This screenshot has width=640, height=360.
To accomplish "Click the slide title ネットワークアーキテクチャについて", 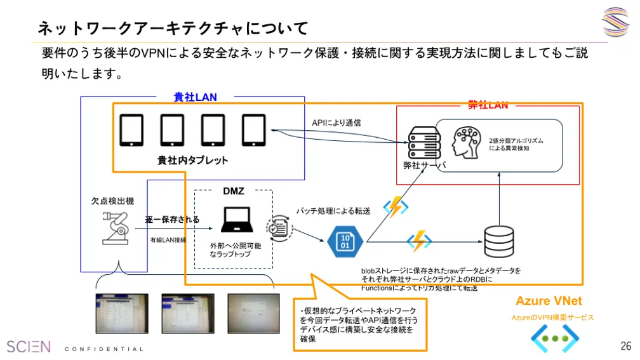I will (173, 28).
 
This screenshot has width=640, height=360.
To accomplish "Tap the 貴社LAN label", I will (196, 97).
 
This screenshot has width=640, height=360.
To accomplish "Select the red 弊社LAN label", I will (488, 105).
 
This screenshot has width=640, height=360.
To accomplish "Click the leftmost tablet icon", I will (131, 130).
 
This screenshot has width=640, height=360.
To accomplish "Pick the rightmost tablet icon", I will (253, 130).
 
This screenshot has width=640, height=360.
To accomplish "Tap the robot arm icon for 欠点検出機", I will (116, 227).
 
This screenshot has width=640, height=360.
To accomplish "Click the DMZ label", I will (234, 191).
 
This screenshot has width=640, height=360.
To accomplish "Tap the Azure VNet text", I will (549, 301).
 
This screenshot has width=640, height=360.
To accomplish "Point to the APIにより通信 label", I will (337, 123).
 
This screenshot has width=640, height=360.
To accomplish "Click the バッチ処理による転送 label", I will (333, 211).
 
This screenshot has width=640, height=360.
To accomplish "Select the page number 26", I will (625, 346).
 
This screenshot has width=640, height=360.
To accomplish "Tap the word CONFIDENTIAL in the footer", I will (105, 349).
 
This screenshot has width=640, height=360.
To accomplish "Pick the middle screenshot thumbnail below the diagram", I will (187, 314).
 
